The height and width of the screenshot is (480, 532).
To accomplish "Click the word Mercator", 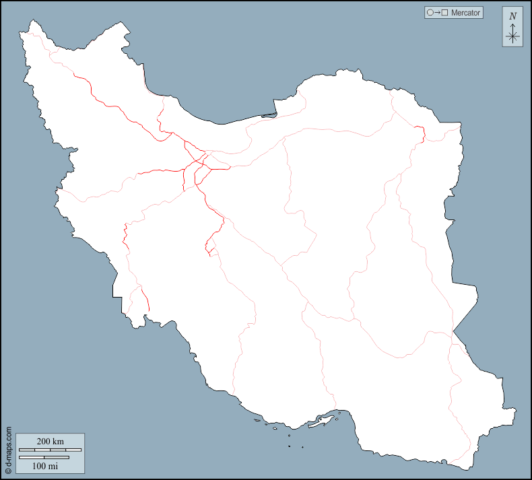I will click(466, 13).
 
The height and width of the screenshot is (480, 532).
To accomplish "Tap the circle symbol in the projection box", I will click(430, 13).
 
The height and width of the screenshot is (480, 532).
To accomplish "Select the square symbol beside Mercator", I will click(445, 13).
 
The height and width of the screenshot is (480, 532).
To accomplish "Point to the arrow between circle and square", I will click(437, 13).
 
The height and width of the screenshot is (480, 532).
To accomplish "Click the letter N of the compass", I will click(512, 16).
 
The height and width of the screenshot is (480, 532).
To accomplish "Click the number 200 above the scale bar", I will click(44, 442).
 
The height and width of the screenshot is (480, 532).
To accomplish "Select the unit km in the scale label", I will click(59, 442).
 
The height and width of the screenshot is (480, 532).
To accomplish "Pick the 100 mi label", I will click(45, 465).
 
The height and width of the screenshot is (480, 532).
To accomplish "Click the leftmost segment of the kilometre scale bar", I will click(26, 450).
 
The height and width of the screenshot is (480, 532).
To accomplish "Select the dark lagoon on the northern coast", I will click(269, 115).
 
